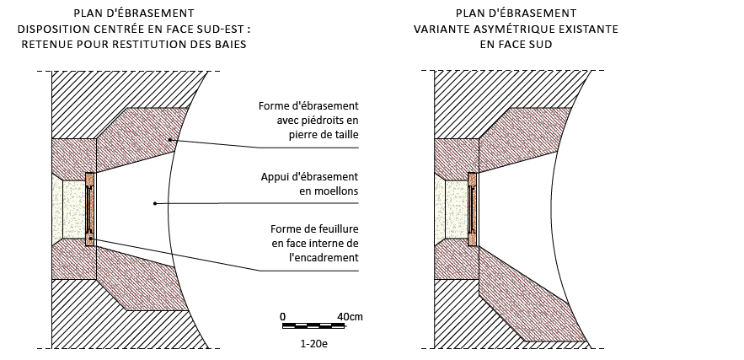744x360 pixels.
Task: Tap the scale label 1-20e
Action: tap(313, 344)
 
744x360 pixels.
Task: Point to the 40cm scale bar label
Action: tap(350, 316)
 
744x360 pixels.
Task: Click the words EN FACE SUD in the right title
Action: tap(516, 44)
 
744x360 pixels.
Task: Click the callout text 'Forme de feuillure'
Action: tap(313, 229)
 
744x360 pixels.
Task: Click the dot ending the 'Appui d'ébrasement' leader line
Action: tap(153, 202)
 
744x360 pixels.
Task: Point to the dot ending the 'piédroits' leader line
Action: tap(169, 139)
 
